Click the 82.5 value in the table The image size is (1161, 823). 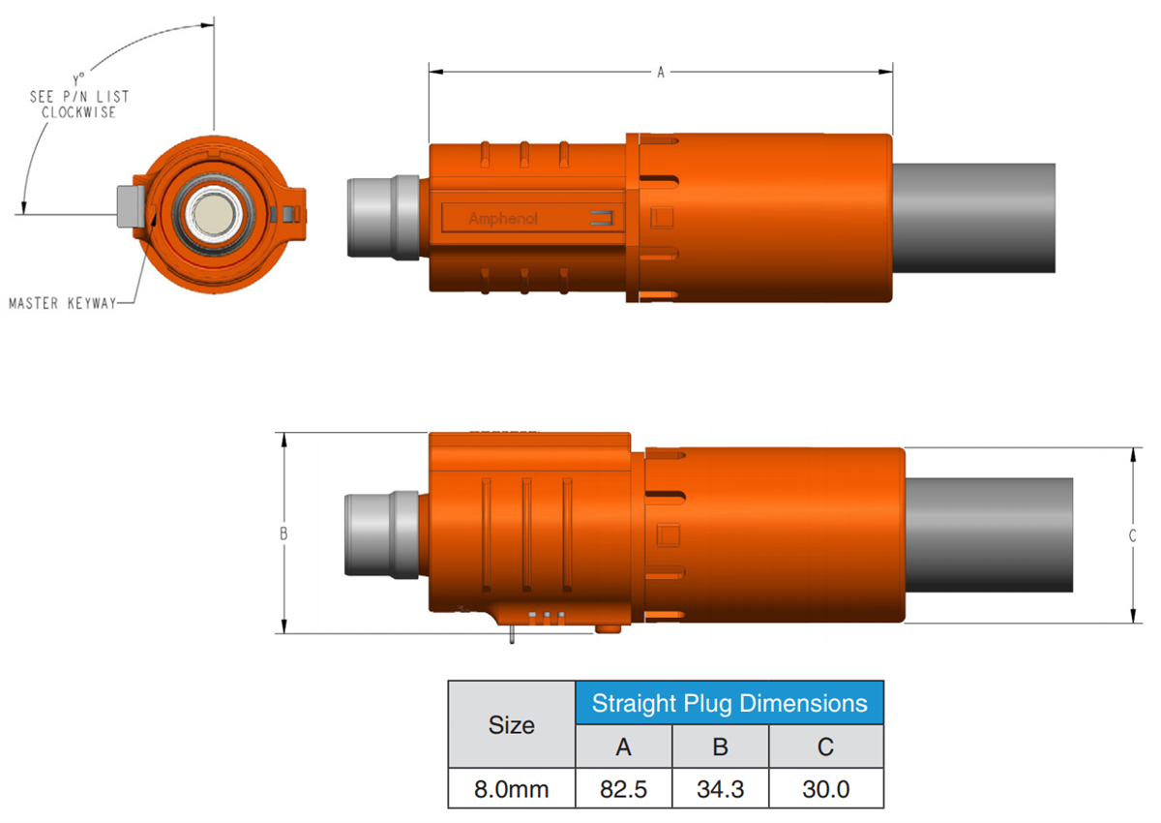pos(623,789)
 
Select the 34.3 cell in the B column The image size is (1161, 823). pos(720,789)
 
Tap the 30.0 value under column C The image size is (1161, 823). pos(826,789)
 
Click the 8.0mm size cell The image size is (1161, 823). pos(512,789)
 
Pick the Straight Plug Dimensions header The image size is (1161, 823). pos(729,703)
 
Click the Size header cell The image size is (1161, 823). pos(512,724)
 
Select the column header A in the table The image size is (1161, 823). pos(623,747)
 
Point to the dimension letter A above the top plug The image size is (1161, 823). pos(661,73)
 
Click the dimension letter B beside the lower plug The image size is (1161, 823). pos(283,533)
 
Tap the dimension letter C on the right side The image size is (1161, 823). pos(1133,534)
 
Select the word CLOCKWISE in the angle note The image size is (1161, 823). pos(78,112)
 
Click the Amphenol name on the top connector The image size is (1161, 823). pos(503,219)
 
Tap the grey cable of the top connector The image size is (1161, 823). pos(972,218)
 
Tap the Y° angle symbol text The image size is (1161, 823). pos(78,81)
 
